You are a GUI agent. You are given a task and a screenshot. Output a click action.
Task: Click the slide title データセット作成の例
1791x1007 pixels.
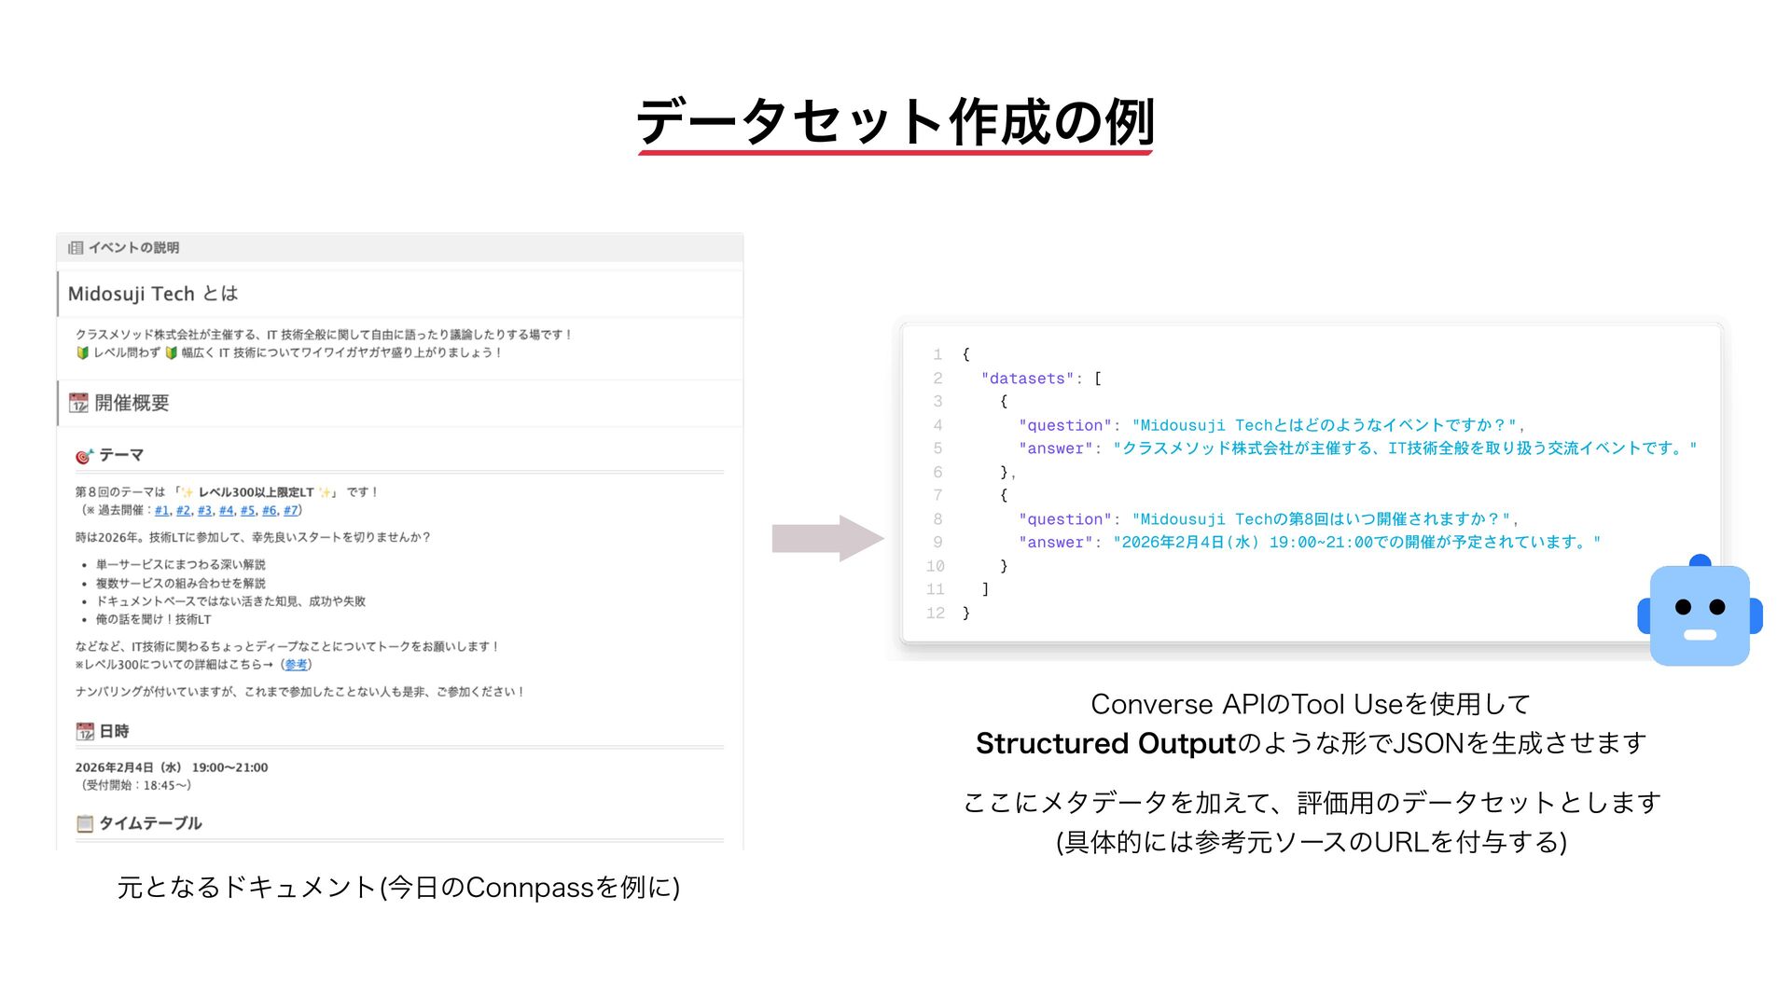[x=895, y=122]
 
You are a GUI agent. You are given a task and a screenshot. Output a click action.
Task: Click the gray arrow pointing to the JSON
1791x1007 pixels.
[x=826, y=538]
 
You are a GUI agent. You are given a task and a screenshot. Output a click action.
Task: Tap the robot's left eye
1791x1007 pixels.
[x=1683, y=607]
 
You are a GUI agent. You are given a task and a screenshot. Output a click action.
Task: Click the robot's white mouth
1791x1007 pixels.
[x=1700, y=635]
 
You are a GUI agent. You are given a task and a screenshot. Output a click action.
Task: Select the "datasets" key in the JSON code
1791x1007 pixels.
[x=1027, y=379]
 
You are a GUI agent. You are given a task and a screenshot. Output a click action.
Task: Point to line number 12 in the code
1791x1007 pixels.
[x=935, y=613]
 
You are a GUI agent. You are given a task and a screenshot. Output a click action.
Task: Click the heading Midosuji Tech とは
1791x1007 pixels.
[x=153, y=294]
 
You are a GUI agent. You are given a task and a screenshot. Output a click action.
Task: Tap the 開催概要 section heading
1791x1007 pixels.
[x=132, y=403]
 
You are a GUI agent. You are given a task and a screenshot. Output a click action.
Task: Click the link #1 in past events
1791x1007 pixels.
[x=161, y=510]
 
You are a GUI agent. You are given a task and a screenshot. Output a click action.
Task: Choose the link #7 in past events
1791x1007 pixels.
[x=290, y=510]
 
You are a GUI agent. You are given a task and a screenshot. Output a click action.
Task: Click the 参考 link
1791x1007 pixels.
[x=296, y=665]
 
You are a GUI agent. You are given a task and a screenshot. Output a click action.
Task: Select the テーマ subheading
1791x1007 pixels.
[x=121, y=455]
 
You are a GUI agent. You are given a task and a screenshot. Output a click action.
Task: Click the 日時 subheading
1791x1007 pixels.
[x=114, y=732]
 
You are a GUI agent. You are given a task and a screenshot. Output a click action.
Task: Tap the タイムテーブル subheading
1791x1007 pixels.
[x=150, y=823]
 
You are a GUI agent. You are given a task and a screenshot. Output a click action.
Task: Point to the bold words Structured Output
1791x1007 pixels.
[x=1104, y=743]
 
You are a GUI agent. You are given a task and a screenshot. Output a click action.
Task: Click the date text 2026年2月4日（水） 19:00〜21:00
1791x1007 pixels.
[x=172, y=767]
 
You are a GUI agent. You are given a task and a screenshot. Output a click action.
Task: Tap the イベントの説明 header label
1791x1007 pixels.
[x=133, y=248]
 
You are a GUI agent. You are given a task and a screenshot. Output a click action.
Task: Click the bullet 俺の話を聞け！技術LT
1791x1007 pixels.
[x=153, y=619]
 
